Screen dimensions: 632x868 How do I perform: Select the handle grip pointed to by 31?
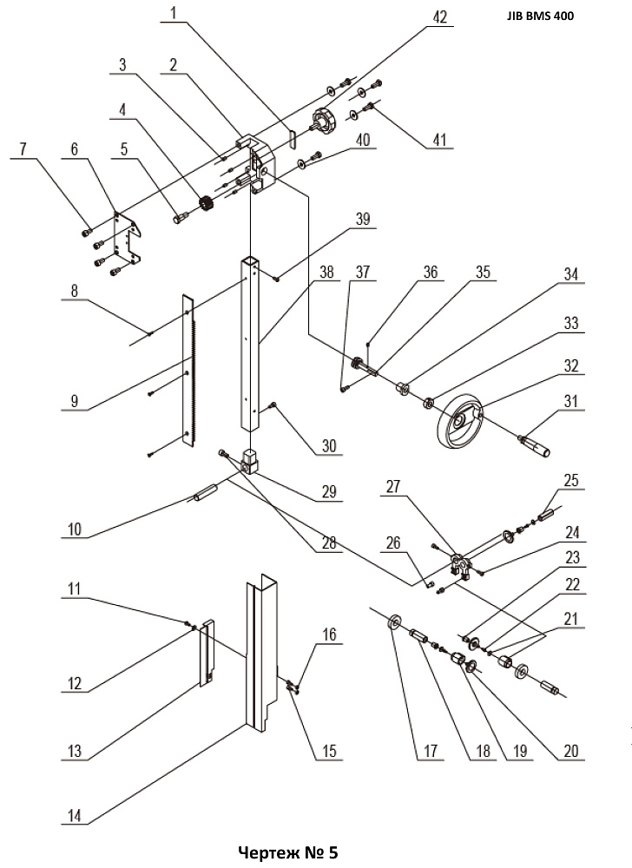pyautogui.click(x=534, y=447)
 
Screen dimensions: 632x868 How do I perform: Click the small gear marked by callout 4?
pyautogui.click(x=207, y=203)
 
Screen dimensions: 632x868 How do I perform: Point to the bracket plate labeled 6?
pyautogui.click(x=128, y=237)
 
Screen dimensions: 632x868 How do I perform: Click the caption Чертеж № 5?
pyautogui.click(x=287, y=852)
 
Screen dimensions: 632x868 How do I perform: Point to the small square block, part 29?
pyautogui.click(x=250, y=462)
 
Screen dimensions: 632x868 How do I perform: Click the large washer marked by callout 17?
pyautogui.click(x=394, y=622)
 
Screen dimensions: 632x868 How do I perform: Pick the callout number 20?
pyautogui.click(x=570, y=750)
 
